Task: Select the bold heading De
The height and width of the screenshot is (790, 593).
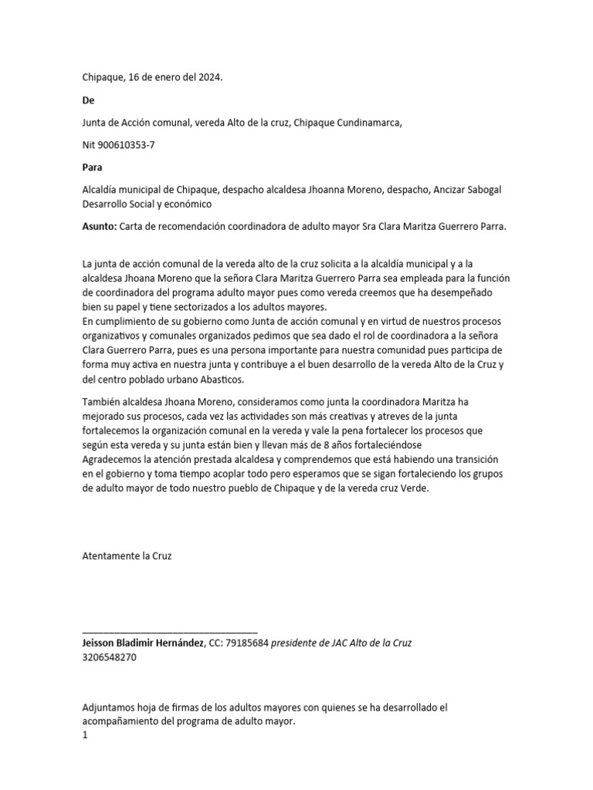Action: tap(88, 100)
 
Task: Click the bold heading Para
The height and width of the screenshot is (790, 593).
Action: tap(93, 167)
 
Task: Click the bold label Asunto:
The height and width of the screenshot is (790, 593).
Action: tap(99, 227)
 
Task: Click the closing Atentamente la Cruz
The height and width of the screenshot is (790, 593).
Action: tap(127, 555)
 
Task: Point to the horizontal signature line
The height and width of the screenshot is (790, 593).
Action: tap(169, 632)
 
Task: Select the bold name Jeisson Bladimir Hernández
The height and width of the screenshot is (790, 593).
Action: tap(141, 643)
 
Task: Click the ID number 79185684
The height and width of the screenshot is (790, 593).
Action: tap(246, 643)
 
